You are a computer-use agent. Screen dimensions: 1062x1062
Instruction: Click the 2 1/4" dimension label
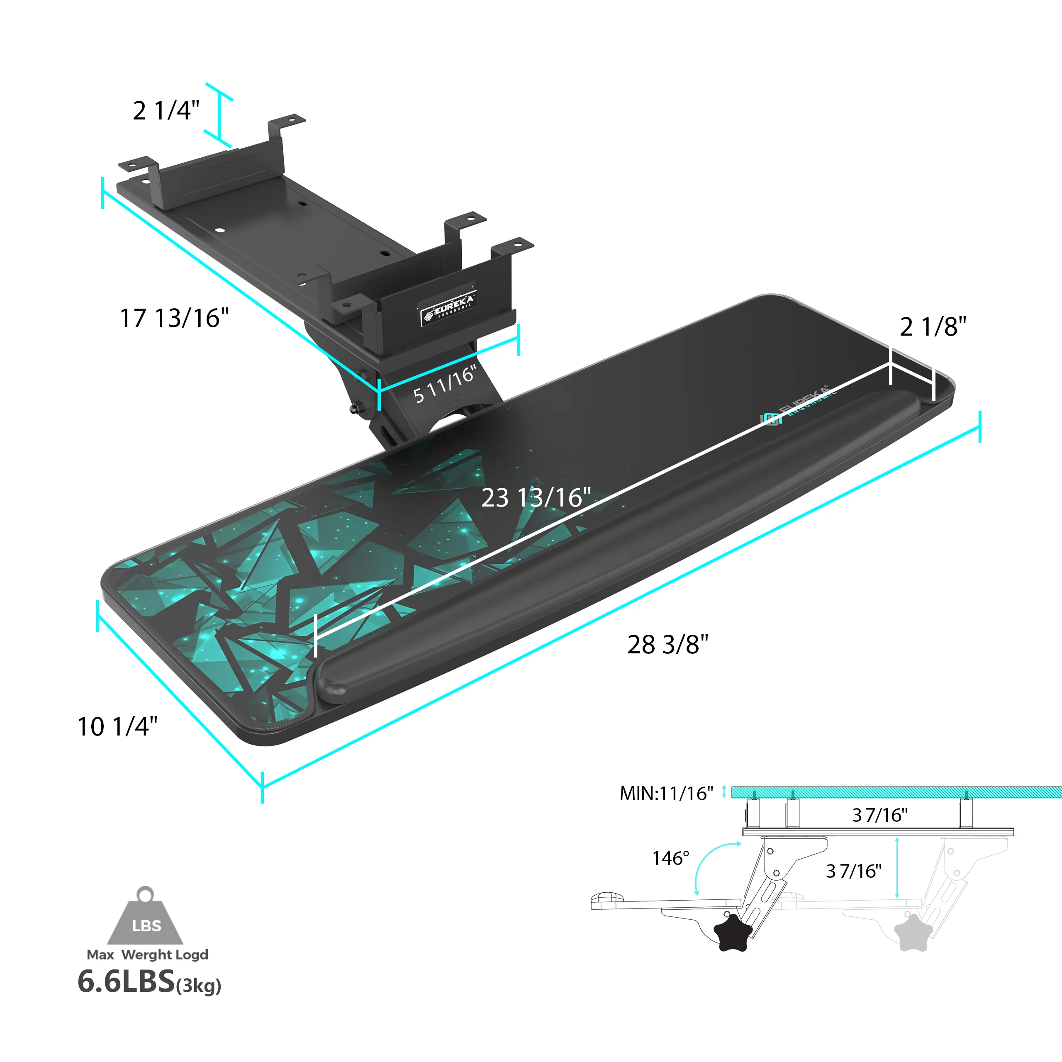(x=166, y=110)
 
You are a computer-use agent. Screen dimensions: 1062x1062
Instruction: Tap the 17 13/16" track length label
(x=174, y=318)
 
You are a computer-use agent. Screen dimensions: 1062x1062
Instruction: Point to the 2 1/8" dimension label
(x=933, y=326)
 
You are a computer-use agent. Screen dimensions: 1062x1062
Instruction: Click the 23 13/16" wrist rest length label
(x=536, y=497)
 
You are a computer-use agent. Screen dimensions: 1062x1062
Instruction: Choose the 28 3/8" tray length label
(x=667, y=645)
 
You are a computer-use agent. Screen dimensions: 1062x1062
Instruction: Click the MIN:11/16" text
(x=666, y=794)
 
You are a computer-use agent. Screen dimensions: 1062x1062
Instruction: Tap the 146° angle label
(x=670, y=858)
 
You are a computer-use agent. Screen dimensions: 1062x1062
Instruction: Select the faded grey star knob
(x=913, y=932)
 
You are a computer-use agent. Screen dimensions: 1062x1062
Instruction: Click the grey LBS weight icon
(x=146, y=920)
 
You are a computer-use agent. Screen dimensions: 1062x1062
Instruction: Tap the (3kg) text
(x=198, y=986)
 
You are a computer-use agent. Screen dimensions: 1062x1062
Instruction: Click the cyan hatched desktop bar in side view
(x=896, y=792)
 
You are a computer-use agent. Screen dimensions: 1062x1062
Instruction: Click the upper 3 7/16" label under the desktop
(x=879, y=815)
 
